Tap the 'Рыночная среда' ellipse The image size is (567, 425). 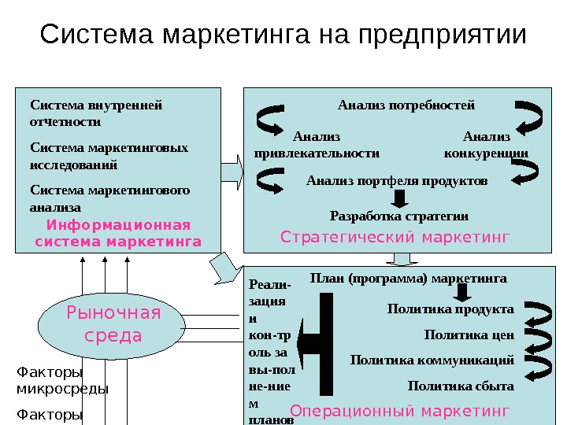114,324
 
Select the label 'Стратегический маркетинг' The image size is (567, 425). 395,236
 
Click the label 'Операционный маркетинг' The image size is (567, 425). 400,410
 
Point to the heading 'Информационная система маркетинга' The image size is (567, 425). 118,233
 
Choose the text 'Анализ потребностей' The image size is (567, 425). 406,104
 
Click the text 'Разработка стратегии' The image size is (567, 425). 398,216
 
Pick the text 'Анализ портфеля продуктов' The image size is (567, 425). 397,181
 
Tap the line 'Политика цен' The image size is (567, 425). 469,334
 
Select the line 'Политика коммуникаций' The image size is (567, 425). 432,360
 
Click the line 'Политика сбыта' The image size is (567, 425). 461,386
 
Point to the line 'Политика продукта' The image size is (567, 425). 450,309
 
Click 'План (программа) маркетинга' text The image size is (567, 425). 409,278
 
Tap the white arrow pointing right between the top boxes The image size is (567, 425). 232,168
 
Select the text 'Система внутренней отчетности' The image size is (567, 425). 94,113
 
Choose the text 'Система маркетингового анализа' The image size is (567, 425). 109,198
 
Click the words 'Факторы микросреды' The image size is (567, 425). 62,380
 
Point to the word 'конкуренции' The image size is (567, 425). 486,153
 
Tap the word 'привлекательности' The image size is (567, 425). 317,153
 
